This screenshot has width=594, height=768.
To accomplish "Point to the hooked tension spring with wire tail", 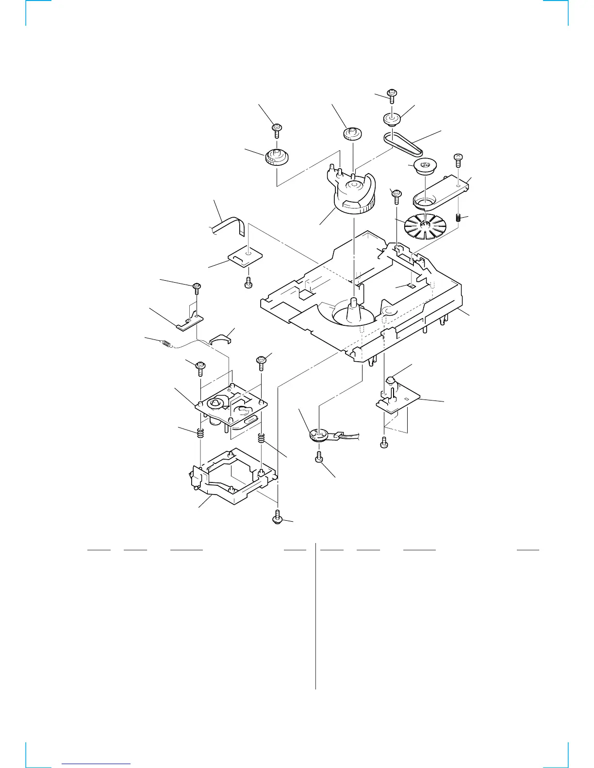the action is point(166,344).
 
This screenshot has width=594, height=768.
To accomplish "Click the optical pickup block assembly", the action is point(231,405).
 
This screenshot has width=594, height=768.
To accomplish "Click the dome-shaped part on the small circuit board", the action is point(392,380).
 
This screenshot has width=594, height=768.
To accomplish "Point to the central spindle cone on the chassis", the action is point(354,310).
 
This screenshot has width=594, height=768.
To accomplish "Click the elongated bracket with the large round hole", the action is point(439,192).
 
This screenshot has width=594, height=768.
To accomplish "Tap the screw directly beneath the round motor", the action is point(319,457).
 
